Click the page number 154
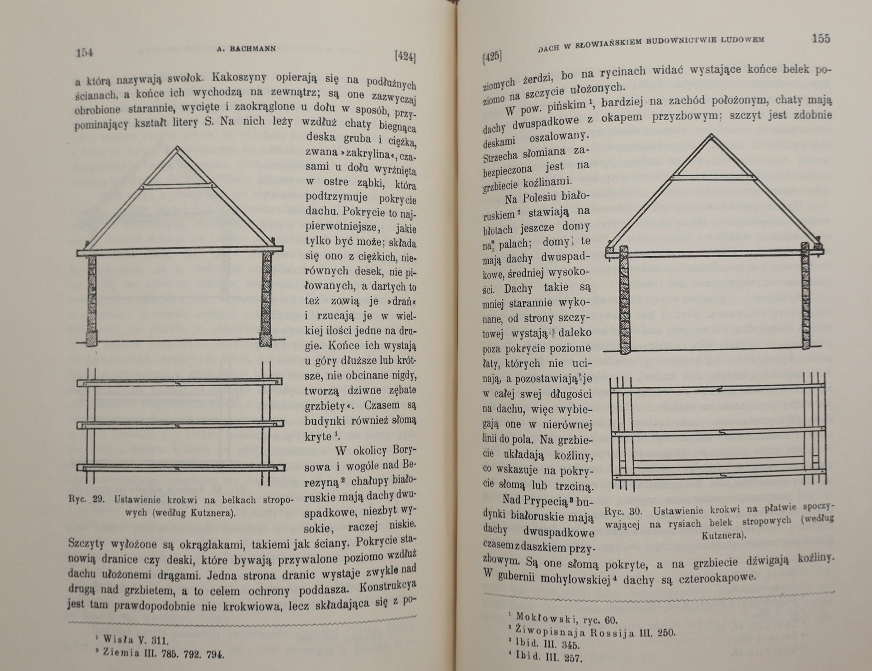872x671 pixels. (x=85, y=53)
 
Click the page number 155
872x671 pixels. (x=820, y=38)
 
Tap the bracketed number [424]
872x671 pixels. (x=405, y=56)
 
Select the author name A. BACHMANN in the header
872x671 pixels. (x=246, y=49)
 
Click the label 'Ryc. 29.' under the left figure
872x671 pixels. (x=87, y=499)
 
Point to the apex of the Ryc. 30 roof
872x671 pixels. (x=712, y=135)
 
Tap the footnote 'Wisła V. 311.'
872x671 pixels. (x=136, y=640)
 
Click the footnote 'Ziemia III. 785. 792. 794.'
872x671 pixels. (x=163, y=653)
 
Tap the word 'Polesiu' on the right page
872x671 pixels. (x=537, y=197)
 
